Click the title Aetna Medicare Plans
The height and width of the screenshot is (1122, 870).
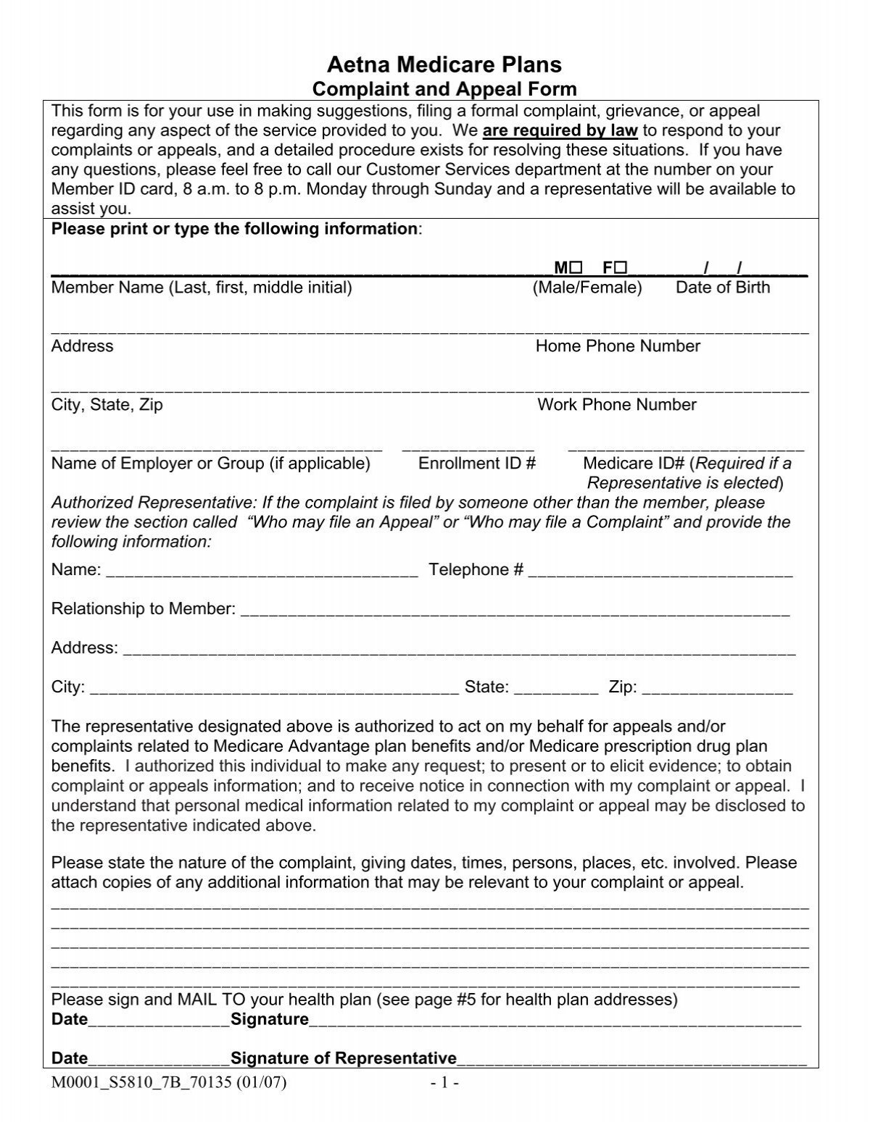[x=444, y=65]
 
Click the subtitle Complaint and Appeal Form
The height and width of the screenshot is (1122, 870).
[x=444, y=90]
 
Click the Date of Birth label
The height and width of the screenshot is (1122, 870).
[x=722, y=288]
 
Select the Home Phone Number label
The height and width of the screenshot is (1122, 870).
[x=618, y=346]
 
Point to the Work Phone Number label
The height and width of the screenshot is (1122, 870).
[x=616, y=405]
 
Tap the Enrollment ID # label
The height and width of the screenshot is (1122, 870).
[x=476, y=464]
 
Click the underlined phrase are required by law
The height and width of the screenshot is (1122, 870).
[x=560, y=131]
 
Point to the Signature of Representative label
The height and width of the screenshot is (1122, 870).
[x=343, y=1058]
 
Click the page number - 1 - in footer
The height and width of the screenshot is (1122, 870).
[x=441, y=1084]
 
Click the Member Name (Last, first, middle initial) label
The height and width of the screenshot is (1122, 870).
[x=202, y=288]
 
